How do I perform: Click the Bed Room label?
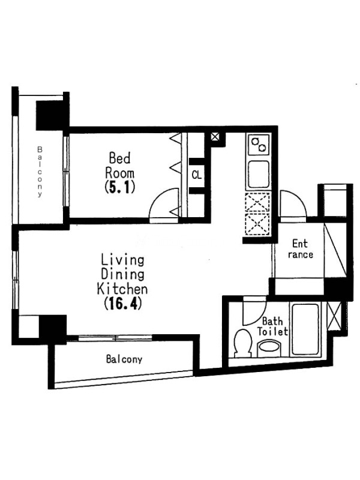point(120,166)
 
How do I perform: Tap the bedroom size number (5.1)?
point(119,187)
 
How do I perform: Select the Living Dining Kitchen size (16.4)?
point(123,304)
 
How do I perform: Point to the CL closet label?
point(197,175)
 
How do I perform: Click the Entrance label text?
point(301,249)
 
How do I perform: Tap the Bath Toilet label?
point(272,326)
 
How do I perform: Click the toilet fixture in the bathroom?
point(243,343)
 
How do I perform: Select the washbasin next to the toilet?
point(269,349)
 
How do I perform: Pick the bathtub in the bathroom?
point(305,329)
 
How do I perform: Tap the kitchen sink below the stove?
point(259,174)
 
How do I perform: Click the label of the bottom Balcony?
point(124,359)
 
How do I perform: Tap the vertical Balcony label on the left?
point(40,172)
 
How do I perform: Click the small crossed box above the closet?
point(215,137)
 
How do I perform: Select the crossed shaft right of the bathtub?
point(334,316)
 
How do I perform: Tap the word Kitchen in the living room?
point(122,289)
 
